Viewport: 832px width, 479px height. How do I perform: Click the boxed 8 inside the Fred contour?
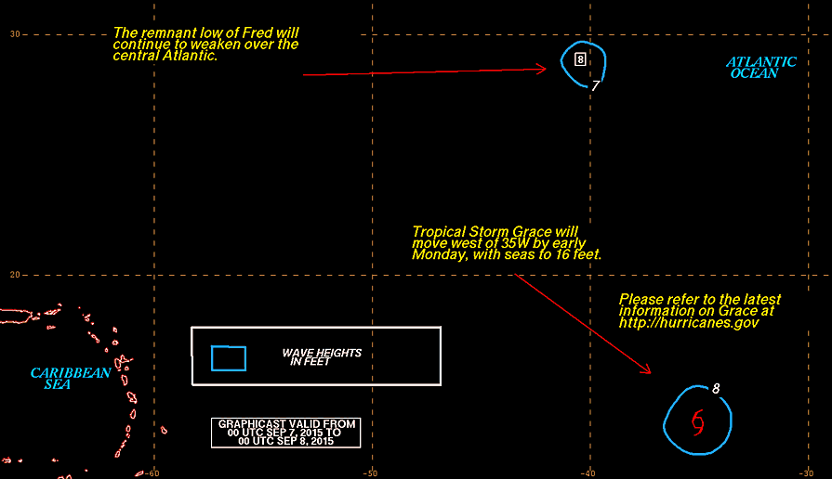click(x=580, y=59)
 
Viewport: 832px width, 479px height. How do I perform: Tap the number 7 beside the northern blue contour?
click(x=595, y=85)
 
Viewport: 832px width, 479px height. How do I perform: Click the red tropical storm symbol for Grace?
click(x=698, y=422)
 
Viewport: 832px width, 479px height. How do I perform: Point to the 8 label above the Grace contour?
click(x=716, y=388)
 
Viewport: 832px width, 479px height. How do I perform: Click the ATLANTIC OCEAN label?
click(x=761, y=68)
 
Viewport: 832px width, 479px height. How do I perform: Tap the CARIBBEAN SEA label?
click(x=71, y=379)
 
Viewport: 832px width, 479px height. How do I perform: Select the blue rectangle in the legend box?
click(x=229, y=358)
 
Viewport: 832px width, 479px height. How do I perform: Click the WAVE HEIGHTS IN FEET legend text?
click(x=322, y=357)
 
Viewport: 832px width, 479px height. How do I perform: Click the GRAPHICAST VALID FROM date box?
click(x=286, y=433)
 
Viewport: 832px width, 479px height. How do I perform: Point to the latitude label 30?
click(x=14, y=34)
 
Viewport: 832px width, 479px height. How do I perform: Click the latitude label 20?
click(x=14, y=275)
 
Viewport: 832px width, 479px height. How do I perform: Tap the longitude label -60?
click(x=152, y=473)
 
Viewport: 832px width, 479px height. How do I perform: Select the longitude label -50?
click(x=370, y=473)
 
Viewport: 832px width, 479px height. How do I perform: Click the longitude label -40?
click(x=588, y=473)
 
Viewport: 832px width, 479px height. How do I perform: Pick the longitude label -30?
click(x=806, y=473)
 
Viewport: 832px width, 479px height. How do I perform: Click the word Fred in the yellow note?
click(x=259, y=32)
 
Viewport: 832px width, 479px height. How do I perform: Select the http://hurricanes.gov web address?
click(x=689, y=323)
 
